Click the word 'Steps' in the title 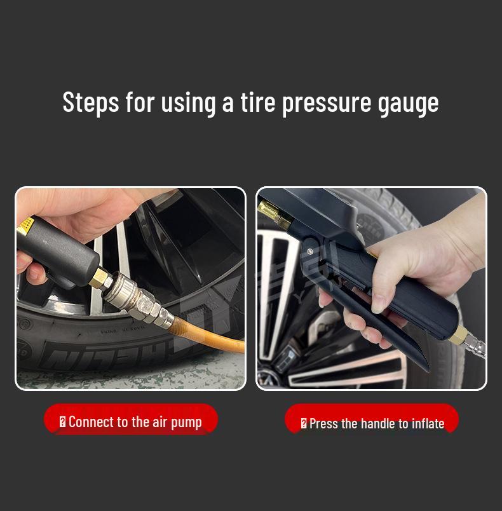click(91, 102)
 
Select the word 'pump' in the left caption click(186, 423)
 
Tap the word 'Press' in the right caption click(323, 423)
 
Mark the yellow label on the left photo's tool click(25, 226)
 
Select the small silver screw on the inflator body click(310, 252)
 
